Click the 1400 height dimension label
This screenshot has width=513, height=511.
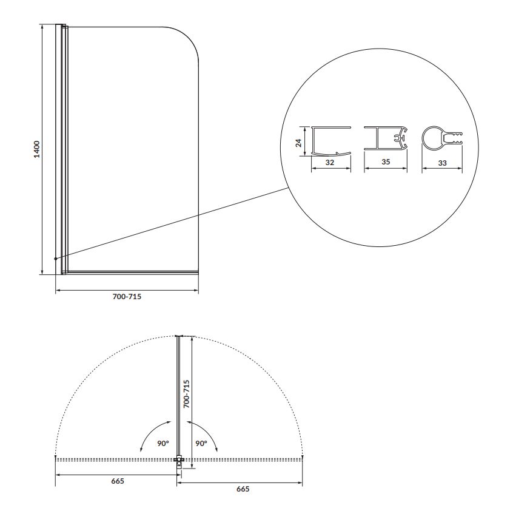point(37,149)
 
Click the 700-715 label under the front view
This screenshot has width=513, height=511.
point(127,297)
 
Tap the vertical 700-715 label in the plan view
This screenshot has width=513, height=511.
point(186,394)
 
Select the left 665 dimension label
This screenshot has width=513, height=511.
point(118,481)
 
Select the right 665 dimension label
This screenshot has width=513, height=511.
point(243,489)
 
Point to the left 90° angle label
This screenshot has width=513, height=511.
point(163,443)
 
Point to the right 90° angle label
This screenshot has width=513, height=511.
point(201,443)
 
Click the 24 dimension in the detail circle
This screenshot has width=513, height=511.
point(298,143)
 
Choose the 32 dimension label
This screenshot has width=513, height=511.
point(330,163)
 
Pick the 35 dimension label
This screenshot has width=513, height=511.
point(386,161)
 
